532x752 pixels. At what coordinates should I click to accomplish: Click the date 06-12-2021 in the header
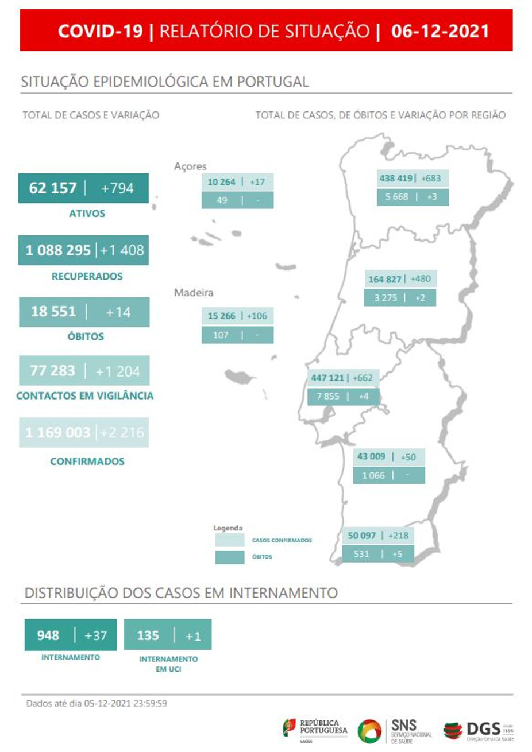[440, 31]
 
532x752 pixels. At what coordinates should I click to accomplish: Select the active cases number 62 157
[53, 188]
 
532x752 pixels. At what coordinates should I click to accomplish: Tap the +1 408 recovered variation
[122, 250]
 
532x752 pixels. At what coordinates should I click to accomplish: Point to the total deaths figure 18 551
[53, 312]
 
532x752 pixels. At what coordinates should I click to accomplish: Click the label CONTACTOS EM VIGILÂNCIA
[85, 396]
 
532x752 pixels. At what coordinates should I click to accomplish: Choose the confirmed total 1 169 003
[58, 432]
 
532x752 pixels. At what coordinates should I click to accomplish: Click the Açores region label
[190, 166]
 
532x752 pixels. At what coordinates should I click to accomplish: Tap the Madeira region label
[194, 293]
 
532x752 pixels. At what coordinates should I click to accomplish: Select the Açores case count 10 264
[221, 182]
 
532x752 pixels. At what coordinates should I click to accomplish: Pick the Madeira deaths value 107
[221, 335]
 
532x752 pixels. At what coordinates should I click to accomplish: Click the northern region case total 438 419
[396, 179]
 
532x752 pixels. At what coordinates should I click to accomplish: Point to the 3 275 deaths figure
[385, 298]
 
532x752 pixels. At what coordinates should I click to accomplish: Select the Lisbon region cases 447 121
[327, 378]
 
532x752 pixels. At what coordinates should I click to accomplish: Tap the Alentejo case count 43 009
[371, 457]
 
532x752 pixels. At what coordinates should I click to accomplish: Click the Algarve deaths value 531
[361, 554]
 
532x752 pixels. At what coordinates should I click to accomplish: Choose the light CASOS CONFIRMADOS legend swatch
[229, 540]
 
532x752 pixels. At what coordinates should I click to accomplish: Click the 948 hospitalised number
[48, 635]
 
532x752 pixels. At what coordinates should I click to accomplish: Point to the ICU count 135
[148, 635]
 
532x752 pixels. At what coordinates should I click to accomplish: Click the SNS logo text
[403, 726]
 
